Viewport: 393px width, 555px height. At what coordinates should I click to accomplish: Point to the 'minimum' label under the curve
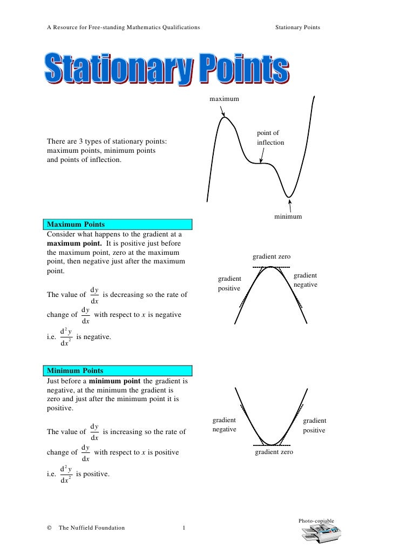click(288, 216)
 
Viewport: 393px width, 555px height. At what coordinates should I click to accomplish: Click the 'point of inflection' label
click(270, 138)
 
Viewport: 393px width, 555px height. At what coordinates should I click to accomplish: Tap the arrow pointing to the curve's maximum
click(223, 111)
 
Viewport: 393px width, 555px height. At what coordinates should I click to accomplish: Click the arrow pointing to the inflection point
click(262, 156)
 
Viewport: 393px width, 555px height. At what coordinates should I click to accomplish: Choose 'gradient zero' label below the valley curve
click(274, 452)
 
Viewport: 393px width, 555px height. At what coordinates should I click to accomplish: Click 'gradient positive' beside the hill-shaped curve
click(229, 283)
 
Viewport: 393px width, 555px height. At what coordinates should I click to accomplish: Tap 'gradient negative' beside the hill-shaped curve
click(305, 280)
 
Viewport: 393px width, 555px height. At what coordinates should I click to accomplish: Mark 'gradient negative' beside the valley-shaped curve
click(224, 425)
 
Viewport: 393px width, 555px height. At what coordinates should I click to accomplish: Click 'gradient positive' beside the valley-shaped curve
click(314, 425)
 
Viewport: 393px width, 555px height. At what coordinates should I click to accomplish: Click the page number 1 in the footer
click(184, 528)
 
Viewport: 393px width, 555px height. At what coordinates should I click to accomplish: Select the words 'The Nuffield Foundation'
click(91, 528)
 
